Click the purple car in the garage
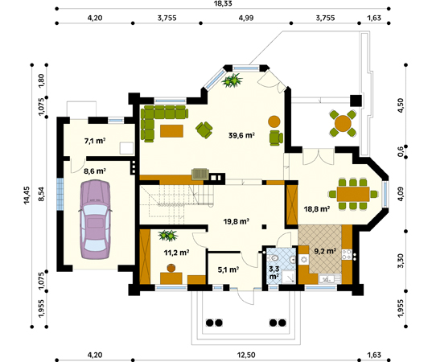(95, 220)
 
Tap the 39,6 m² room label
(241, 135)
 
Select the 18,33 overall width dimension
(223, 3)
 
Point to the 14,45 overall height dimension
(27, 195)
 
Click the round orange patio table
(343, 123)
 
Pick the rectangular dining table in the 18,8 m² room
(353, 194)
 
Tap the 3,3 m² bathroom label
(274, 272)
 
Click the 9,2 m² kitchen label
(325, 251)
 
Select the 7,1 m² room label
(95, 141)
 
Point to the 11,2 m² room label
(177, 253)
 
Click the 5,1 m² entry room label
(228, 269)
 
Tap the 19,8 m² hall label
(237, 221)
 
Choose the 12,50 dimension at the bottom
(246, 355)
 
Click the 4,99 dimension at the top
(246, 18)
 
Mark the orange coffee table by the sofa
(171, 131)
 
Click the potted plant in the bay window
(232, 80)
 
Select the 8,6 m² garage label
(95, 171)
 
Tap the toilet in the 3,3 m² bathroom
(274, 258)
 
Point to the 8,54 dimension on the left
(41, 194)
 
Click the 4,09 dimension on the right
(401, 194)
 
